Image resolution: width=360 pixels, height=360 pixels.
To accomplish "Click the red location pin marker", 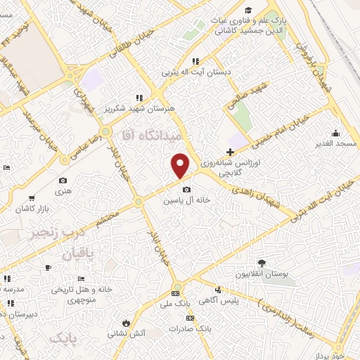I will [181, 165].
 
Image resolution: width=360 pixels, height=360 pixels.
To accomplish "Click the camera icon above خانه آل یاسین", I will [186, 189].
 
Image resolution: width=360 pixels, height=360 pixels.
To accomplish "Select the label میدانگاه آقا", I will [152, 133].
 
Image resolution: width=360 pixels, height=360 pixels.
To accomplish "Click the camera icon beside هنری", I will [63, 180].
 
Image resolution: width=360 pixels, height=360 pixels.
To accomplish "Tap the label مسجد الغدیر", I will [336, 143].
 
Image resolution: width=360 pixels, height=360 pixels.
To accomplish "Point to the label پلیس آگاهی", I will [218, 300].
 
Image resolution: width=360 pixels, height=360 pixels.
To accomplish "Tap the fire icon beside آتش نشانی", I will [125, 323].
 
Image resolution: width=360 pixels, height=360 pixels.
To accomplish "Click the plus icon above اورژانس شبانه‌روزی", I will [231, 152].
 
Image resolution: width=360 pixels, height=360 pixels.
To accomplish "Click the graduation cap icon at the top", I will [249, 10].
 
